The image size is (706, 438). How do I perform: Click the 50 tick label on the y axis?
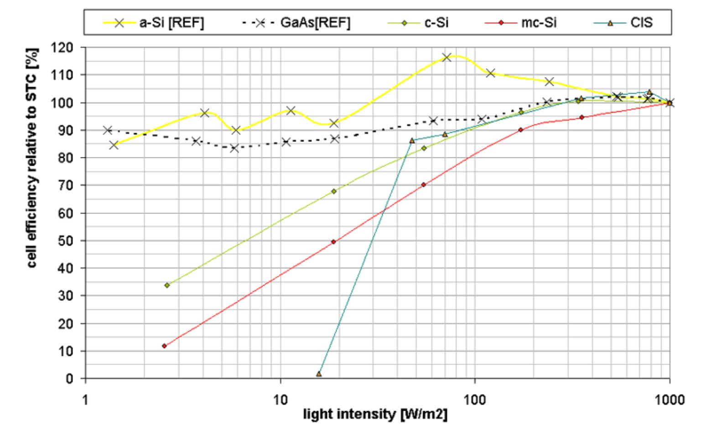click(68, 240)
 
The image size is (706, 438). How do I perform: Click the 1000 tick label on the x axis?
click(670, 400)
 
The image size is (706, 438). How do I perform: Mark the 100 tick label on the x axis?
click(475, 400)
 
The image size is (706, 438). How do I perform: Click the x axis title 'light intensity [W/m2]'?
click(375, 415)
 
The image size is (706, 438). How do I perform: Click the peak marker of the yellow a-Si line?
click(446, 57)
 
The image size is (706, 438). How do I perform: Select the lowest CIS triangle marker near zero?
click(319, 374)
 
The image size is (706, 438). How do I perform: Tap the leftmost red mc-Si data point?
click(164, 346)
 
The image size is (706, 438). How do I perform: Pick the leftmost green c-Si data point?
click(167, 285)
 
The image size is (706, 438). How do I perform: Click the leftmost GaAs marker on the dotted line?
click(107, 130)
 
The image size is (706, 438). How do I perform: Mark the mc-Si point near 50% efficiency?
click(333, 242)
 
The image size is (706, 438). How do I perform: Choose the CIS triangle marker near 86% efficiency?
click(412, 141)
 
